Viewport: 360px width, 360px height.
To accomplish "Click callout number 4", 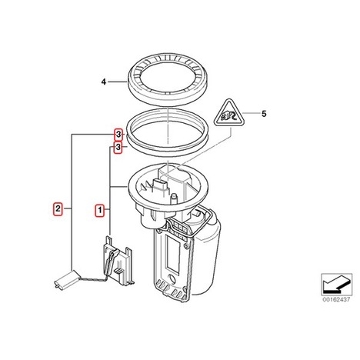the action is pyautogui.click(x=104, y=82).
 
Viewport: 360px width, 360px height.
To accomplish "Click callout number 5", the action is pyautogui.click(x=264, y=114).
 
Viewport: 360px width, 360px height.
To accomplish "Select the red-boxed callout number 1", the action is pyautogui.click(x=99, y=210).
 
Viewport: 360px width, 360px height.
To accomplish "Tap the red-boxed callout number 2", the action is pyautogui.click(x=58, y=208).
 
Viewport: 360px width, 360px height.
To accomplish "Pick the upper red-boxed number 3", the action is pyautogui.click(x=118, y=134).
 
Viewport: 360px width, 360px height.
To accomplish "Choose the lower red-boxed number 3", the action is pyautogui.click(x=118, y=147).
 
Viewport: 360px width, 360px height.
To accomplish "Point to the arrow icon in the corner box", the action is pyautogui.click(x=336, y=283).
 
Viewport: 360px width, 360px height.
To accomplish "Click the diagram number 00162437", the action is pyautogui.click(x=336, y=299).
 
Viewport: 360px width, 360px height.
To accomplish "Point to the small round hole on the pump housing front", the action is pyautogui.click(x=171, y=278).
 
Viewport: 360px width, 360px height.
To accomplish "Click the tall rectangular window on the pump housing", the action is pyautogui.click(x=172, y=254).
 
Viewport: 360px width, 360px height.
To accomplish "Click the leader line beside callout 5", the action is pyautogui.click(x=251, y=113).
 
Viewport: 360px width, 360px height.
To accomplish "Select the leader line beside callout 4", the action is pyautogui.click(x=118, y=82).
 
